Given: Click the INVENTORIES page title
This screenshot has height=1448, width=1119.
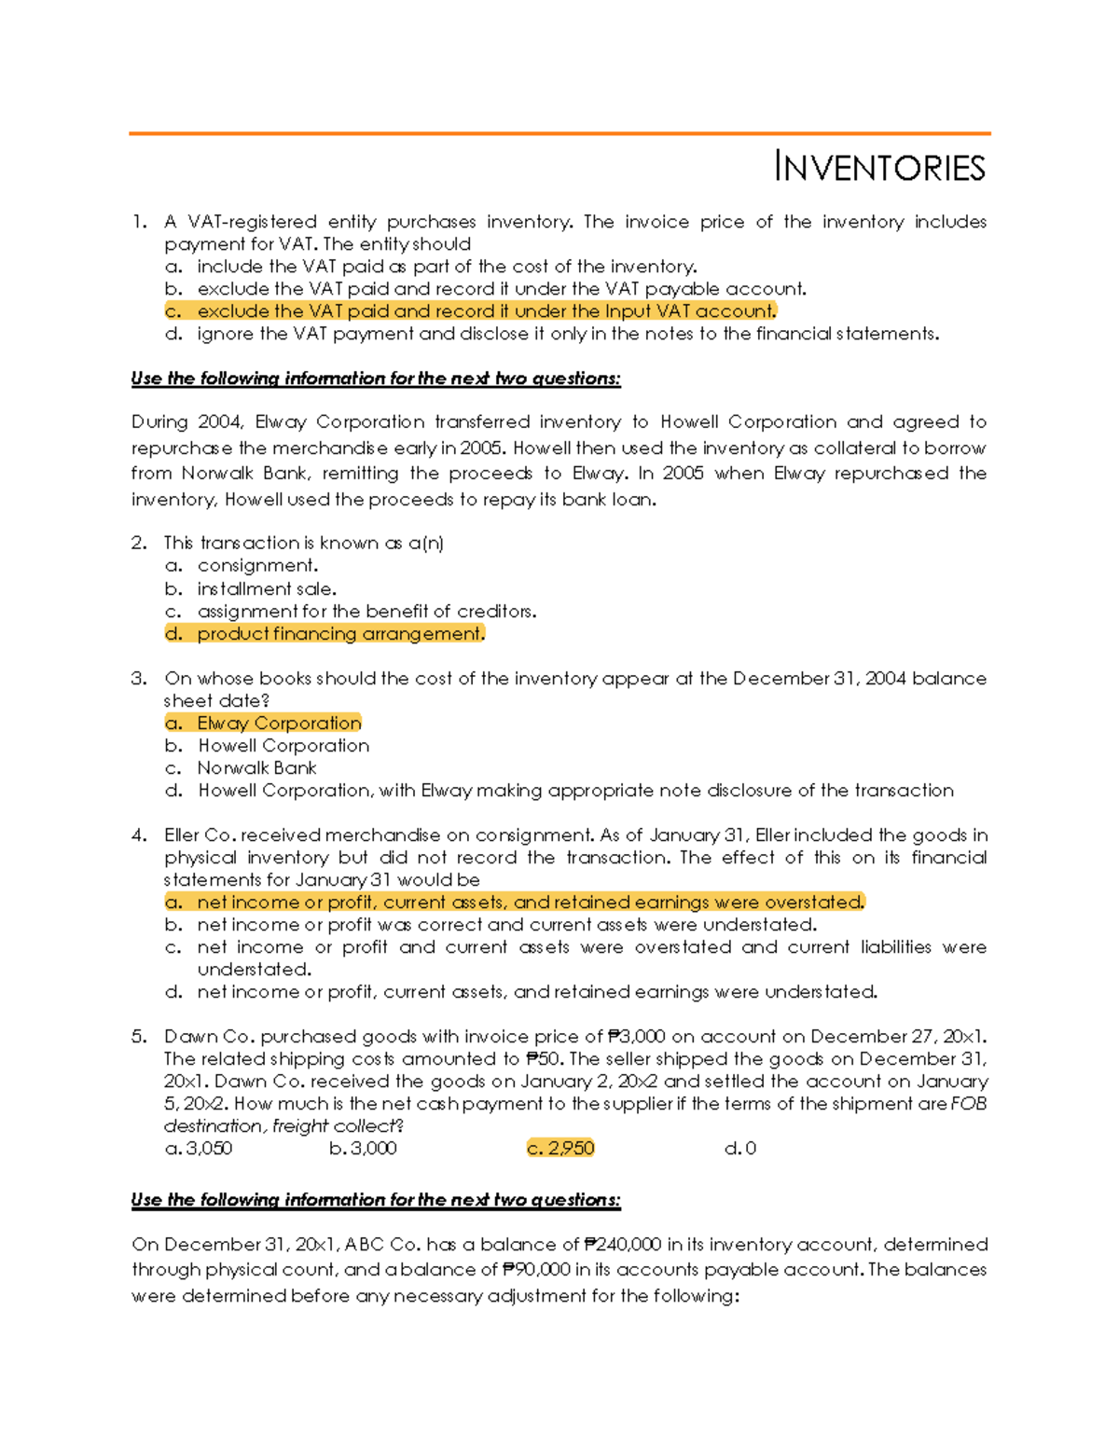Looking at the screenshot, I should (x=879, y=168).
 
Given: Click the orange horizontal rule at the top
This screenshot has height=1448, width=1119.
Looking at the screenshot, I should (x=559, y=133).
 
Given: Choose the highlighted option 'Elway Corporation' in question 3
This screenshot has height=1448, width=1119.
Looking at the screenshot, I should (x=263, y=724).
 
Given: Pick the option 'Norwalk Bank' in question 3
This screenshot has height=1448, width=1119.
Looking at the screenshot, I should (x=256, y=768).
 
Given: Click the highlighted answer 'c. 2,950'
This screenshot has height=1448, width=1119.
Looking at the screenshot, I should (x=560, y=1149).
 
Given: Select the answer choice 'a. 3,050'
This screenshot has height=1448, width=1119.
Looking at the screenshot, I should (x=199, y=1149).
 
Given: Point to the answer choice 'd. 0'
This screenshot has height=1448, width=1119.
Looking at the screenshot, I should (x=739, y=1149).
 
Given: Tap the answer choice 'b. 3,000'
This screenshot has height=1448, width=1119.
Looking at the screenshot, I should (x=363, y=1149).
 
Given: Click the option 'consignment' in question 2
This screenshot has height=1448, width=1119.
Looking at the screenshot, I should (x=257, y=566).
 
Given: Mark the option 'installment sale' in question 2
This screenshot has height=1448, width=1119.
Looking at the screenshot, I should (x=267, y=589).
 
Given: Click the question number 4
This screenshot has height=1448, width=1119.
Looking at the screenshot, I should (x=139, y=835).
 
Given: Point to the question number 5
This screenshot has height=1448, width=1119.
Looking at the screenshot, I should (x=139, y=1037).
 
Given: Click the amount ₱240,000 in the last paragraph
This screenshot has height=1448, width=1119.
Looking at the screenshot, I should (x=622, y=1245).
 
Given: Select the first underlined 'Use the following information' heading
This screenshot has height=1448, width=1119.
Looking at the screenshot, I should (x=376, y=379).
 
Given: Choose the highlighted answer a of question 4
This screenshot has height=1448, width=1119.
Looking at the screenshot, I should (x=515, y=903).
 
